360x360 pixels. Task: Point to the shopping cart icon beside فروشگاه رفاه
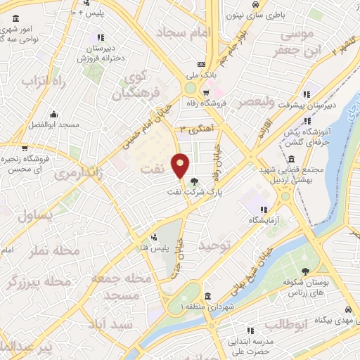(x=205, y=92)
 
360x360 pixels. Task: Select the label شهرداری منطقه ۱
(x=205, y=307)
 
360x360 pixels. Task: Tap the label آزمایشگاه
(x=263, y=220)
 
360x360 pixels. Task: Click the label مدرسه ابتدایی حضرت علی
(x=250, y=345)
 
